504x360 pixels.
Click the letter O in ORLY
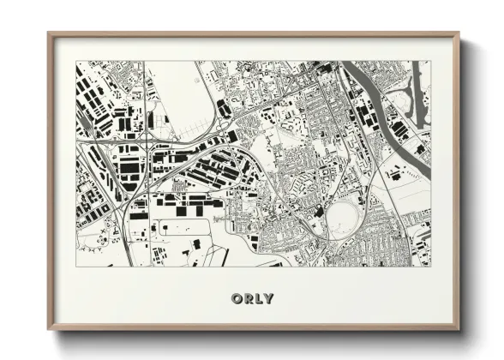click(236, 298)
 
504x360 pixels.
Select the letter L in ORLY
click(259, 298)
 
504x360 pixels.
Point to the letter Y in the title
click(269, 298)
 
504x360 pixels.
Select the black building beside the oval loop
click(318, 211)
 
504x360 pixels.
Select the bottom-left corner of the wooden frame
click(50, 329)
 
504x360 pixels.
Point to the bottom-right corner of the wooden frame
click(459, 329)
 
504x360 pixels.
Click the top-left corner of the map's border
click(76, 61)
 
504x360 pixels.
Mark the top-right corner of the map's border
click(431, 61)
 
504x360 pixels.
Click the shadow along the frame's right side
click(465, 189)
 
